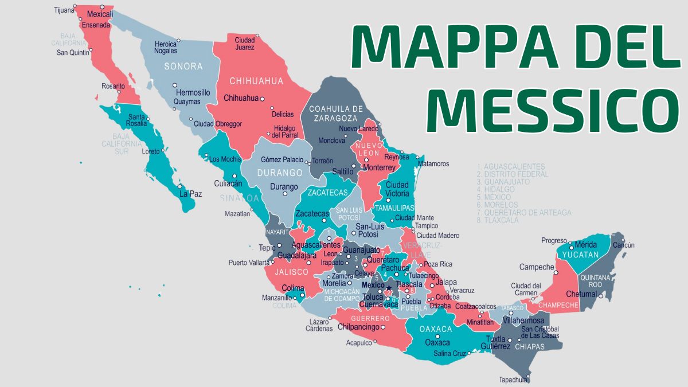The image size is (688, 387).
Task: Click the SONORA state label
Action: [x=183, y=67]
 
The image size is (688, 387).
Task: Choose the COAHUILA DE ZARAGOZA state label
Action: [x=336, y=113]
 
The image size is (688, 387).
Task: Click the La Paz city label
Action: [x=190, y=194]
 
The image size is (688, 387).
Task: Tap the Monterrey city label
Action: [x=379, y=167]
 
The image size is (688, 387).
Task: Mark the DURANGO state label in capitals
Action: [x=279, y=173]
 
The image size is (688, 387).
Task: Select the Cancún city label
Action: [x=624, y=245]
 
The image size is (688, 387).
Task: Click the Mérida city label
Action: [x=586, y=244]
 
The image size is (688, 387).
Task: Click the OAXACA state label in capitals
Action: [x=436, y=329]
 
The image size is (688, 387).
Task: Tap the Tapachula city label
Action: [x=513, y=380]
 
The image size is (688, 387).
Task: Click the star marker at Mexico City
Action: [x=389, y=288]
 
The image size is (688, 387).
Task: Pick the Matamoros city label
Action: [x=433, y=163]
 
